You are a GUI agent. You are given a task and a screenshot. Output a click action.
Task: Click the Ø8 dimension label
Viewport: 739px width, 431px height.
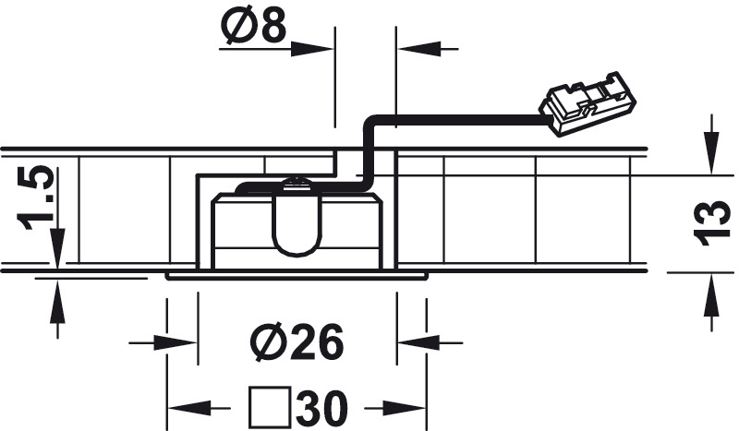point(253,26)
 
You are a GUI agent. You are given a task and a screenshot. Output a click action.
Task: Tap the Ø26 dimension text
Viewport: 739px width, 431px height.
point(297,342)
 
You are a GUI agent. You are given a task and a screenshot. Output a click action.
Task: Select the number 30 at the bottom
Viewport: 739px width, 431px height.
point(322,408)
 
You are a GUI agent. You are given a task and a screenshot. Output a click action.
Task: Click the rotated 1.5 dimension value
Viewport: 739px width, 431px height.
point(35,198)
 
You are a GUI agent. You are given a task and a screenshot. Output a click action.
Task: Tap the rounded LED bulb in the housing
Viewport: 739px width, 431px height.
point(296,218)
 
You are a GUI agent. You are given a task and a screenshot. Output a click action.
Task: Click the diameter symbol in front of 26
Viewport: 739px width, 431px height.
point(267,342)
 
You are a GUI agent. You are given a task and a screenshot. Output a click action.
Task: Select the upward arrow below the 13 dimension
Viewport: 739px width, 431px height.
point(712,303)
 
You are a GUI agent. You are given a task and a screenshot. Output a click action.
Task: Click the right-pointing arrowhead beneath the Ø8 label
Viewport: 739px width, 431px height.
point(312,49)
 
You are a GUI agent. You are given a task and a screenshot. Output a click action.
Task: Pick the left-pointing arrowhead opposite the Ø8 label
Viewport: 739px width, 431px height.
point(418,49)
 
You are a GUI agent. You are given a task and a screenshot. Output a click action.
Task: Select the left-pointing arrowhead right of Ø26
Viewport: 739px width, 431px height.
point(418,342)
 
